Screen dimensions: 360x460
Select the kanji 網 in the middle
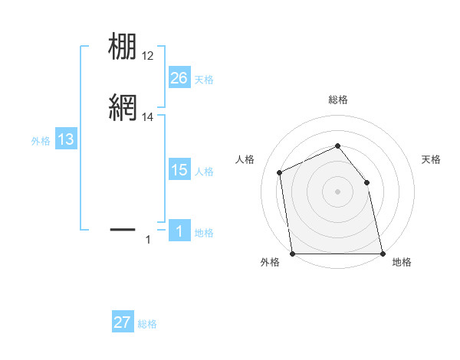coord(123,108)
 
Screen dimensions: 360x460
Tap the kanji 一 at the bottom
coord(123,228)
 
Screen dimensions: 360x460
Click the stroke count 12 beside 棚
coord(148,56)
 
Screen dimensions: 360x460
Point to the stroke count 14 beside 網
coord(148,117)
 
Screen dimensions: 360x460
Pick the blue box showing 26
coord(179,78)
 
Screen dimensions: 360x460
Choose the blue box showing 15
coord(179,170)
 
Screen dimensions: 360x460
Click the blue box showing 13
coord(66,139)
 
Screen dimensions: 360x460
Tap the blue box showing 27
coord(123,322)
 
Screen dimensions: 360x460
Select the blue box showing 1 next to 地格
coord(179,231)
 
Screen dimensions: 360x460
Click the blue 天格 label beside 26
coord(204,79)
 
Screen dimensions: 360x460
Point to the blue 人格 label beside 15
coord(204,172)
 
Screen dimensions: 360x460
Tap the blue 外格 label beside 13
coord(41,141)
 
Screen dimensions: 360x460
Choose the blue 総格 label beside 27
coord(147,324)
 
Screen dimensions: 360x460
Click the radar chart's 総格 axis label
coord(337,100)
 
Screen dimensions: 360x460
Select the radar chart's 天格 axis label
coord(431,159)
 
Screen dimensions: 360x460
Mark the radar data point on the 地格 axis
coord(382,254)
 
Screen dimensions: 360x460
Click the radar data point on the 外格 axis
coord(293,254)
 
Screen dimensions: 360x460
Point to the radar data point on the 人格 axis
coord(280,172)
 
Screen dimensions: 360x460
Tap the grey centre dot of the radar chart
coord(337,191)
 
